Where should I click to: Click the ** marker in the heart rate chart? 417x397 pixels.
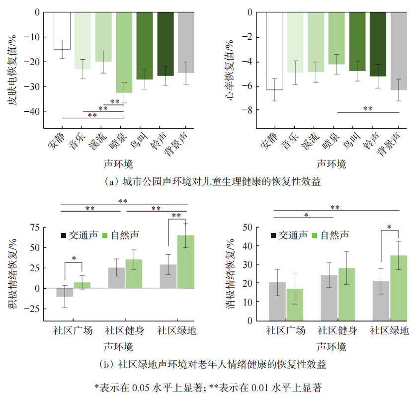click(368, 109)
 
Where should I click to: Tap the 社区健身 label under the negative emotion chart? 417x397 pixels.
click(337, 330)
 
